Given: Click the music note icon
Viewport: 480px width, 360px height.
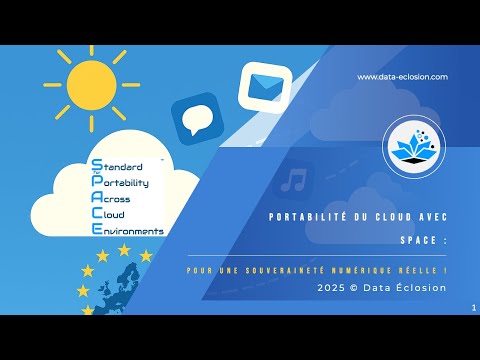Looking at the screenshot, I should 293,180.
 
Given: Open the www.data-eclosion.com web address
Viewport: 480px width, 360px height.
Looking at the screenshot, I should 402,77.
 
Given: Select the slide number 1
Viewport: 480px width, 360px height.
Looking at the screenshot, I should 471,309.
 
